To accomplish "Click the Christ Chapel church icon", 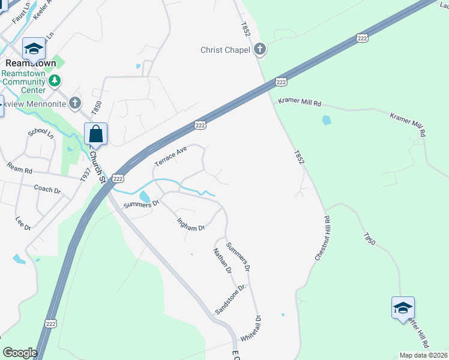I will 260,50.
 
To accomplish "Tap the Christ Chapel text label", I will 226,50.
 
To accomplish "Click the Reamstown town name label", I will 31,63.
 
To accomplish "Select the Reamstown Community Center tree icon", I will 55,80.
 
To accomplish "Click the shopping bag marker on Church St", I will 95,134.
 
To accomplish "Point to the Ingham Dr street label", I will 191,224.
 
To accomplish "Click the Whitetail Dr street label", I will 250,329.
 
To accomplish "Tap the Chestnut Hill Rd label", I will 322,238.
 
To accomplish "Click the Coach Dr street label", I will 47,190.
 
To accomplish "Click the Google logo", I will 20,353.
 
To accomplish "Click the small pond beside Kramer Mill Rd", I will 327,120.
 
